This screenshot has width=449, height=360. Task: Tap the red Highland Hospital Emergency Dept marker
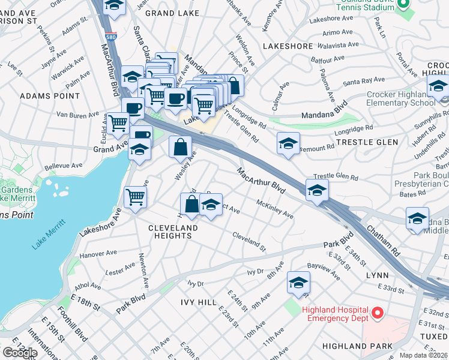(x=377, y=313)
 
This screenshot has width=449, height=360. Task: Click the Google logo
(x=19, y=353)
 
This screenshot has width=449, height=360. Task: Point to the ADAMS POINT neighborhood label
(x=50, y=95)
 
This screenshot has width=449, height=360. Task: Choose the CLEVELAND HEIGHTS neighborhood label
(x=173, y=232)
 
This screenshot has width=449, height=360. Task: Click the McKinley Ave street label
(x=274, y=209)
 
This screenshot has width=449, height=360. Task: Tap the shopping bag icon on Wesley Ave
(x=180, y=146)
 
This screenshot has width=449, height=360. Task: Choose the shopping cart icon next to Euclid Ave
(x=118, y=123)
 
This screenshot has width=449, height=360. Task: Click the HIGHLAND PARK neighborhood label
(x=357, y=346)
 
